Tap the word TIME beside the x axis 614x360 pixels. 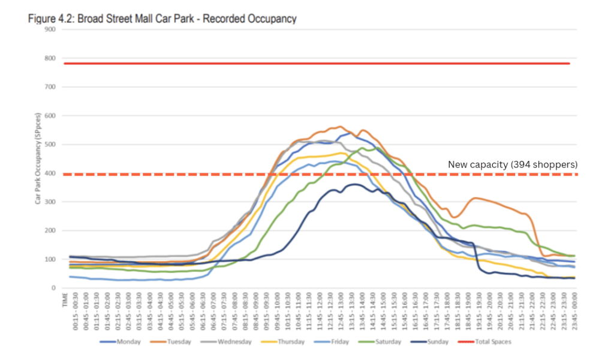65,300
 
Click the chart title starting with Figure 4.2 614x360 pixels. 162,19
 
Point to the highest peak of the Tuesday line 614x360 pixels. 340,126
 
